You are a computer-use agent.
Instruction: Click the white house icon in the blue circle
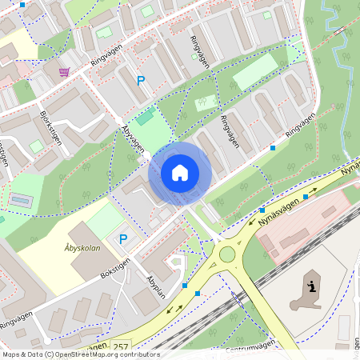(180, 173)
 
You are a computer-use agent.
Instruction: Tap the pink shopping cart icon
(64, 72)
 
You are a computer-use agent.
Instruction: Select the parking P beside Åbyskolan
(123, 238)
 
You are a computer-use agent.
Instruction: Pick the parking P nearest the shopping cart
(141, 81)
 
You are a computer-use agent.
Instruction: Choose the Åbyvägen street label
(133, 139)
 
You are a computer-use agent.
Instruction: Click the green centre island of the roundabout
(227, 254)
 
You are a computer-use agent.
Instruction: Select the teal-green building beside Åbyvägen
(145, 118)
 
